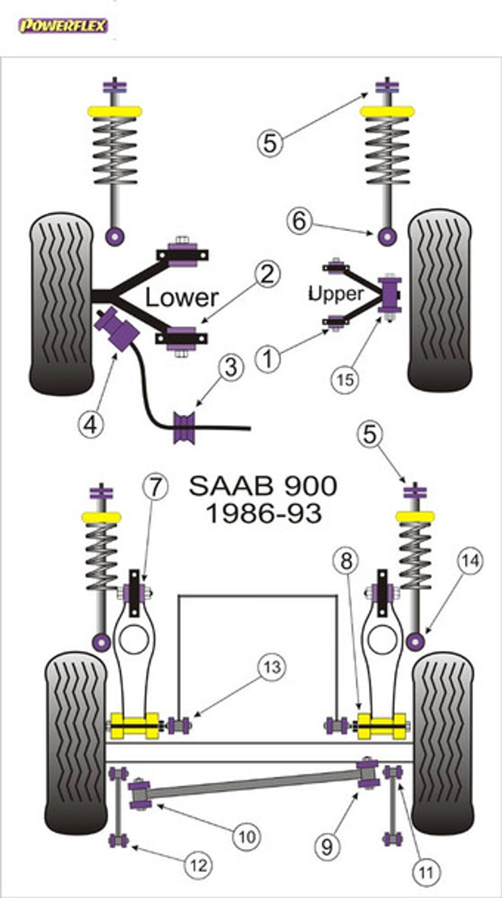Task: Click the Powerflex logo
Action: [63, 26]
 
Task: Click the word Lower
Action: [182, 298]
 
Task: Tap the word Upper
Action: [336, 294]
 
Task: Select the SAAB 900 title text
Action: [263, 486]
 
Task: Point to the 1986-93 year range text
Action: [264, 513]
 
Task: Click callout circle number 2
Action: [267, 275]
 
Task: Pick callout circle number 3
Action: [231, 367]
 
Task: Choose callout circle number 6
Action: [300, 221]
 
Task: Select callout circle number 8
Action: [346, 561]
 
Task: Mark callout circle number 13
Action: [272, 667]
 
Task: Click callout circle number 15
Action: [345, 380]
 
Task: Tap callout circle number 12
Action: [199, 865]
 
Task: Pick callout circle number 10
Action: [247, 836]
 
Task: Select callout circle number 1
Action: [268, 358]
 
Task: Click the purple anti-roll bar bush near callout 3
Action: [184, 427]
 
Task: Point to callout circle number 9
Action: [327, 847]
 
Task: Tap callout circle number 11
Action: [426, 873]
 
